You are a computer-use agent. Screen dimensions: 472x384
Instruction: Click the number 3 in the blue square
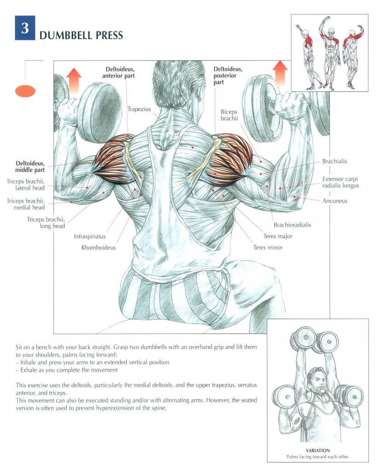coord(25,28)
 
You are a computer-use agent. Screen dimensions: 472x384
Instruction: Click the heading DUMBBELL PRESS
coord(81,35)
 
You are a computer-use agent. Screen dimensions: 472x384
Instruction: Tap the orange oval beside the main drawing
coord(25,91)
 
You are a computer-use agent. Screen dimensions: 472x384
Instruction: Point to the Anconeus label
coord(336,201)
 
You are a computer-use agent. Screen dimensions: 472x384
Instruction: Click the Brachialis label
coord(335,161)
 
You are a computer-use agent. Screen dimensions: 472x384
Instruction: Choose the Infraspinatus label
coord(90,236)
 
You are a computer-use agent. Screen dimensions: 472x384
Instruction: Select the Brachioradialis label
coord(292,225)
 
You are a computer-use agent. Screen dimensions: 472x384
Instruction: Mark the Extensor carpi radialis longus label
coord(341,182)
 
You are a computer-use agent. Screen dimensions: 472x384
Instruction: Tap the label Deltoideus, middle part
coord(30,166)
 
